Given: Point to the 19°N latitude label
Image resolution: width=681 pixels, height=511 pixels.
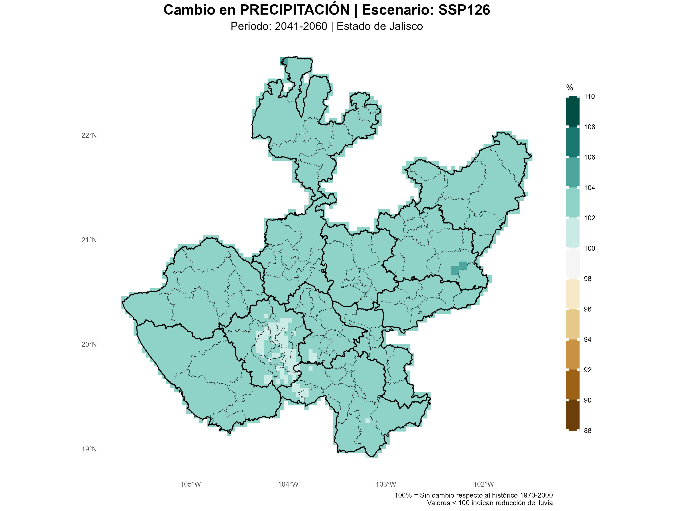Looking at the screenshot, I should [x=89, y=449].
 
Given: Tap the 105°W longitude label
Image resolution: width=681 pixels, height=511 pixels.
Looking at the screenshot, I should [x=190, y=484].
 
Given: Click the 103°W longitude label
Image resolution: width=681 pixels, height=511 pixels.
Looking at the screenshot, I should [x=386, y=484].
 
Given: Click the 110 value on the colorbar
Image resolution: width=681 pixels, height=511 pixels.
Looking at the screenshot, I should [x=589, y=96].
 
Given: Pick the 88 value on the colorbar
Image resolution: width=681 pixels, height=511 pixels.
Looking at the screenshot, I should [x=587, y=431].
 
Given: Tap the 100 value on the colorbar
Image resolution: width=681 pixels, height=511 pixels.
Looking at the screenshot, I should [x=589, y=248].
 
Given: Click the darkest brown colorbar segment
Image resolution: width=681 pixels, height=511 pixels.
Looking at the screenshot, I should [x=572, y=415].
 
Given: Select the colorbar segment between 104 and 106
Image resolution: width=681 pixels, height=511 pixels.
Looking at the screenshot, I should [x=572, y=172].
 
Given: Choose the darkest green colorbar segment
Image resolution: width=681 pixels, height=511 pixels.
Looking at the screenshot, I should [x=572, y=111].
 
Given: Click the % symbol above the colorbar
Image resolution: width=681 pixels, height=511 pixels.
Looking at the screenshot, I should [x=570, y=88].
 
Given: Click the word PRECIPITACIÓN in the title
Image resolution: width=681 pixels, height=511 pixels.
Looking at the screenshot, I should [x=295, y=10].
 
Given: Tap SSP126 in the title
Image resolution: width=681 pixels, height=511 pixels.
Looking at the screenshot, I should [x=464, y=10].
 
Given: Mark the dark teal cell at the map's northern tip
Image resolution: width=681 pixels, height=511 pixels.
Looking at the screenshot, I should [x=284, y=61].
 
